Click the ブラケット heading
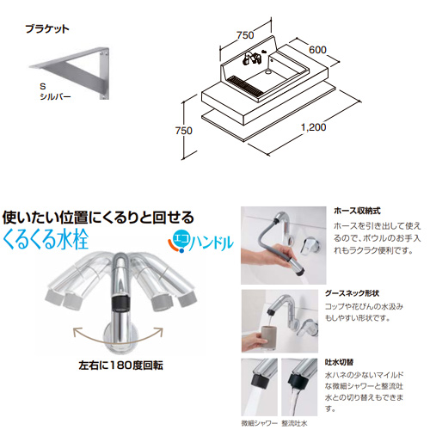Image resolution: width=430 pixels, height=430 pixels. coord(47,29)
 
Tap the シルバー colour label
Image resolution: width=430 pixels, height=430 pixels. coord(55,96)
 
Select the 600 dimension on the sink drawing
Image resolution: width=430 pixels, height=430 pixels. coord(317,50)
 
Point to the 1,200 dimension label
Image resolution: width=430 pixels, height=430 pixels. coord(314,127)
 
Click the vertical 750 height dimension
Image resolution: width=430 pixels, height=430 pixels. coord(184,131)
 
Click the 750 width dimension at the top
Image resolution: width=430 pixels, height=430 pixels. coord(245,35)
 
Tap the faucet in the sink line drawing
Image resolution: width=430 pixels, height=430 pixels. coord(251,58)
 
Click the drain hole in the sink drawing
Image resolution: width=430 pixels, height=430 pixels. coord(268,71)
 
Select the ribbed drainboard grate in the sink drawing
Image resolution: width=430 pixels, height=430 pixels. coord(244,85)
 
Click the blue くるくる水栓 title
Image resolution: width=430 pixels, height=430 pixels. coord(46,239)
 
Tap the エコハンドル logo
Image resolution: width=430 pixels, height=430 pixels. coord(200,243)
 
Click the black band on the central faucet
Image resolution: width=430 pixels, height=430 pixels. coord(120,304)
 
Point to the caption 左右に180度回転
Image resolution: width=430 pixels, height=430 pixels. coord(120,365)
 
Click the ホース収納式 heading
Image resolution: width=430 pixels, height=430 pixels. coord(357,211)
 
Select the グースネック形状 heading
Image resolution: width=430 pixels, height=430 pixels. coord(352,293)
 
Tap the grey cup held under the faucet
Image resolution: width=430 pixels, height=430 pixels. coord(268,337)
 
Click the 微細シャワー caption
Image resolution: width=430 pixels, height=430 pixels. coord(259,423)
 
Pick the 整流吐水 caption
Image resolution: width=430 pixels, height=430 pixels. coord(294,423)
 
